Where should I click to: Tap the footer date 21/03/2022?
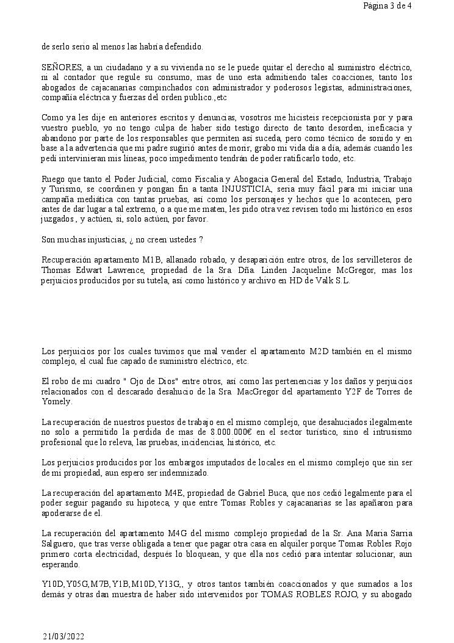pyautogui.click(x=63, y=636)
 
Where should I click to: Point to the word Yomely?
pyautogui.click(x=56, y=401)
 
